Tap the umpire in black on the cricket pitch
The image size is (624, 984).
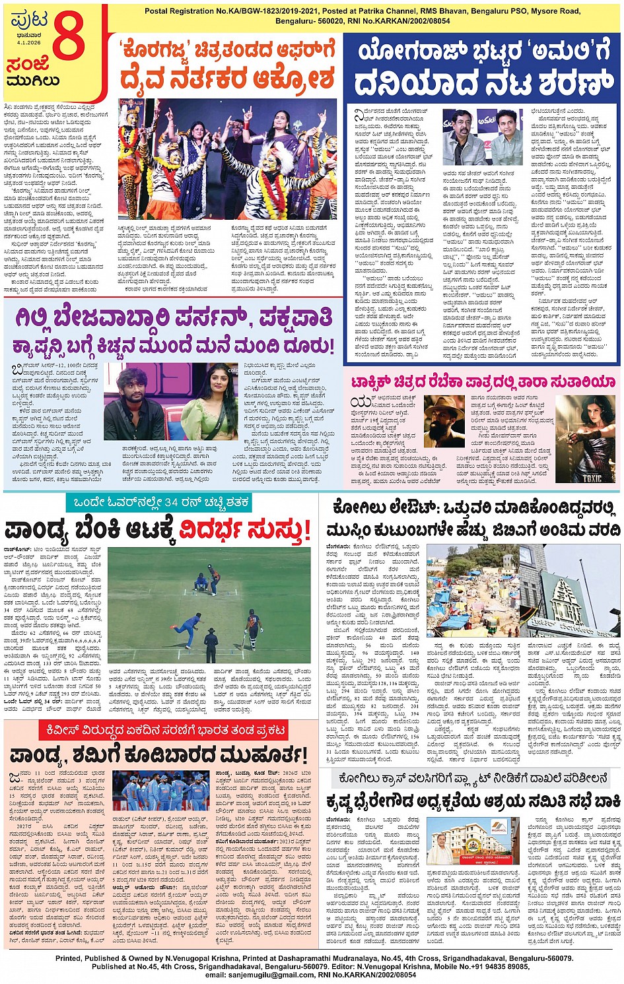(211, 643)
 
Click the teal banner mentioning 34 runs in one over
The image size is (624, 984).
(158, 503)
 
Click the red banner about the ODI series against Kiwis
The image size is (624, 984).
(162, 731)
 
